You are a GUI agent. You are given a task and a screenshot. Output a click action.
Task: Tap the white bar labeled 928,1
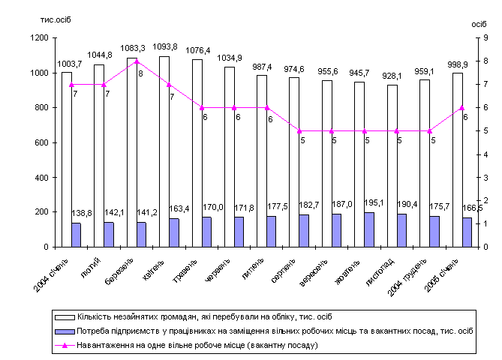[392, 165]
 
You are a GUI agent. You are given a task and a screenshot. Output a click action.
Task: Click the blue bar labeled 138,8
[77, 235]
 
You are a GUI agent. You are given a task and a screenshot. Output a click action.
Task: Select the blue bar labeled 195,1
[369, 229]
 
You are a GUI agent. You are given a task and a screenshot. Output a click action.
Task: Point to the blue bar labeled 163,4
[174, 232]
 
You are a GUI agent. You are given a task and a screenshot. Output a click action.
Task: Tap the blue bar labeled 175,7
[434, 231]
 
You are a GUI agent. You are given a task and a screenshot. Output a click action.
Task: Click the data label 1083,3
[137, 48]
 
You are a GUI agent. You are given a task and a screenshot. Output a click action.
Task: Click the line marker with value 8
[137, 61]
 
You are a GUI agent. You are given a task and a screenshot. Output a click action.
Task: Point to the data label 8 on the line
[140, 73]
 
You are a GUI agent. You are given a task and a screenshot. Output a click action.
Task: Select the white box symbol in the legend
[60, 316]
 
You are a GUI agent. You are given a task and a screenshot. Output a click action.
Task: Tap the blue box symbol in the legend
[60, 331]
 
